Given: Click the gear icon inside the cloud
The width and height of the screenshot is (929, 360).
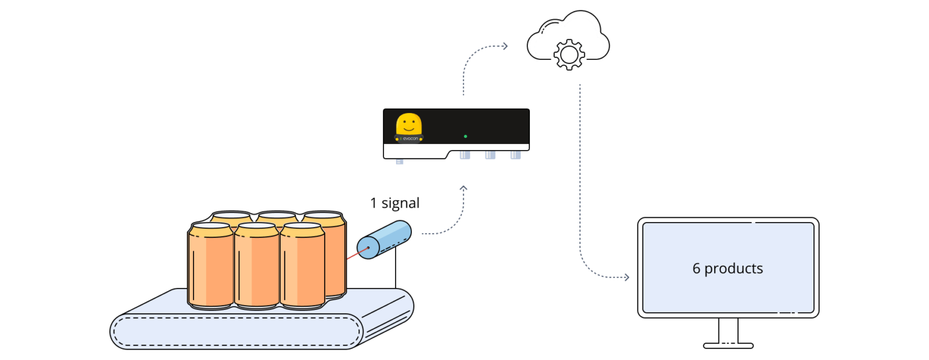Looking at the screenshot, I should (x=569, y=53).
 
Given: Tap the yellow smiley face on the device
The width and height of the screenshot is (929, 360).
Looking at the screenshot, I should (x=409, y=124).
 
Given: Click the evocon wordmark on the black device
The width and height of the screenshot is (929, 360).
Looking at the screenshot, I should (x=411, y=139).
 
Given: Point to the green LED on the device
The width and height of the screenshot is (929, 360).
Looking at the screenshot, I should (x=465, y=136).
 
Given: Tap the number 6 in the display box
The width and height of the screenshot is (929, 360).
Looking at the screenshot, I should (x=696, y=269).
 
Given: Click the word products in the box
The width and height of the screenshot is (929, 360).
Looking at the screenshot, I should (x=734, y=269).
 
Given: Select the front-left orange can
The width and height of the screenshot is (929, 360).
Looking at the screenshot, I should (x=210, y=266).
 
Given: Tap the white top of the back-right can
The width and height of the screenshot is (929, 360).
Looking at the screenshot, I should (x=324, y=216).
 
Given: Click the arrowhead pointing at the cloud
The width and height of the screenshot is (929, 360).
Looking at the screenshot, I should (x=504, y=46).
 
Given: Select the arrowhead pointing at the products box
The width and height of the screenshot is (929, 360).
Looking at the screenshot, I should (x=626, y=277).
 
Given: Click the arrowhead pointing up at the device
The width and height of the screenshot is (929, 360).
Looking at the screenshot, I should (x=463, y=189).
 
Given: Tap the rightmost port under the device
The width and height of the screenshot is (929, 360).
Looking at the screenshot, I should (x=515, y=155).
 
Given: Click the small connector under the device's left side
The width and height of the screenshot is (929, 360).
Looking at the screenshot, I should (x=399, y=162).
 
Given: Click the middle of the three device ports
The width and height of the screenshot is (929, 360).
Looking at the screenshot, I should (x=490, y=155).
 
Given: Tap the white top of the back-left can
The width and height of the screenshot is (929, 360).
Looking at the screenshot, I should (x=232, y=215).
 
